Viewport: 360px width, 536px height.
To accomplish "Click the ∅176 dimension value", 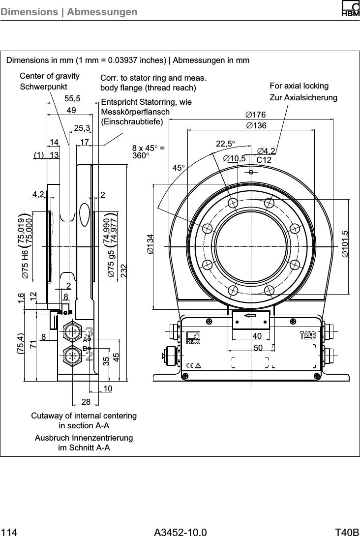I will (x=256, y=115).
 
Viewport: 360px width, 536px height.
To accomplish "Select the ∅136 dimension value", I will (x=256, y=126).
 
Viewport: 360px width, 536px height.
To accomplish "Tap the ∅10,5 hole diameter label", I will (x=234, y=158).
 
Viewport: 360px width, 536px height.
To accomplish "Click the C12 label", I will (x=264, y=160).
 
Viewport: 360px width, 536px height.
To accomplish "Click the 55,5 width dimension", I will (x=73, y=98).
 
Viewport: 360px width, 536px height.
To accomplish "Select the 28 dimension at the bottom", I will (x=86, y=402).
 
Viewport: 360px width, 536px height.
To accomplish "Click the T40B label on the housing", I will (x=307, y=335).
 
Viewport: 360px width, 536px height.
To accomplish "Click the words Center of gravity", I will (x=49, y=76).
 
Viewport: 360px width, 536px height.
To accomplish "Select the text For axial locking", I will (x=299, y=87).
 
